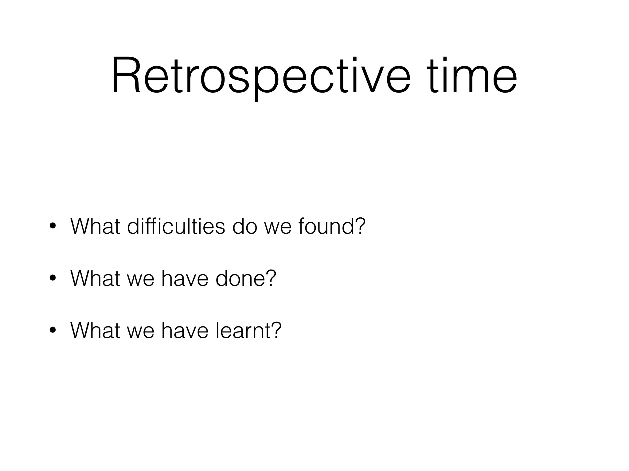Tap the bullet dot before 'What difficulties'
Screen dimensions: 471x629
(x=53, y=227)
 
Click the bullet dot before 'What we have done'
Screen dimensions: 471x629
(x=53, y=279)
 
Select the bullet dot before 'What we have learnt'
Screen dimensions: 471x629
(x=53, y=331)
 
